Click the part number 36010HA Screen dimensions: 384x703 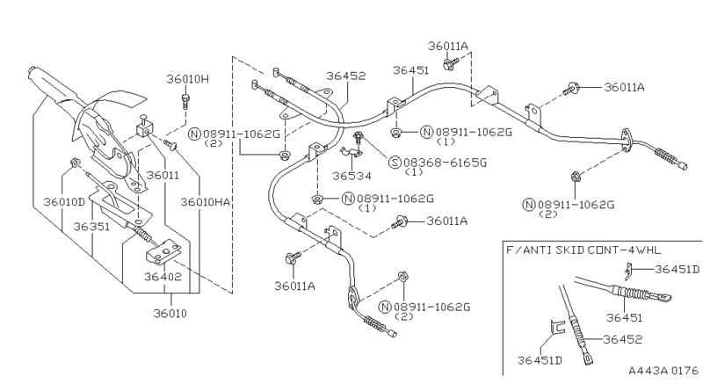[206, 201]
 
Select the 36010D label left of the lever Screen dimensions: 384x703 [64, 201]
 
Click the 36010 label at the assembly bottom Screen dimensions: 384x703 [170, 312]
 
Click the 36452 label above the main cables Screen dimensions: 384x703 [346, 76]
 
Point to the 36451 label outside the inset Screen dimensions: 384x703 [410, 69]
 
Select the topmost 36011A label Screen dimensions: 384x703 [449, 46]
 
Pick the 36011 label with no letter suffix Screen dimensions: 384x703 [163, 175]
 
